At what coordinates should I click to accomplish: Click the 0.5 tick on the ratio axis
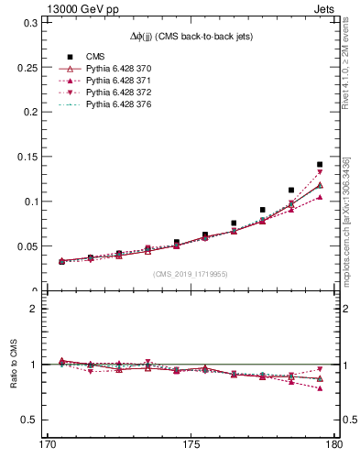(x=27, y=420)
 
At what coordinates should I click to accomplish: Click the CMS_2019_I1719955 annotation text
(x=190, y=274)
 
